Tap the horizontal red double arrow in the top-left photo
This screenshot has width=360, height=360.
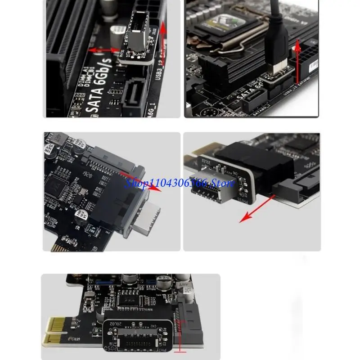pos(104,50)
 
